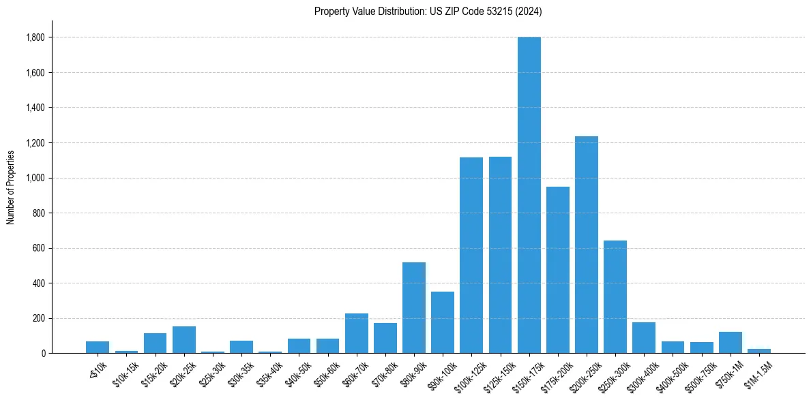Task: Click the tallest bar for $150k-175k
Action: point(529,195)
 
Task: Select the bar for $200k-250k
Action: point(586,245)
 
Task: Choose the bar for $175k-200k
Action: point(557,270)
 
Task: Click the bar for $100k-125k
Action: point(471,255)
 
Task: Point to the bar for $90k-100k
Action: point(442,322)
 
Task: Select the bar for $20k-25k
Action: point(183,339)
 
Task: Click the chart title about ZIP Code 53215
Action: point(428,11)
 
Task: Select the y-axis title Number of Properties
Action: point(10,187)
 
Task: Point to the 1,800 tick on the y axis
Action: point(35,37)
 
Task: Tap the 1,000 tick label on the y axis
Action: point(35,178)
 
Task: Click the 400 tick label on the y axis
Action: point(39,283)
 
